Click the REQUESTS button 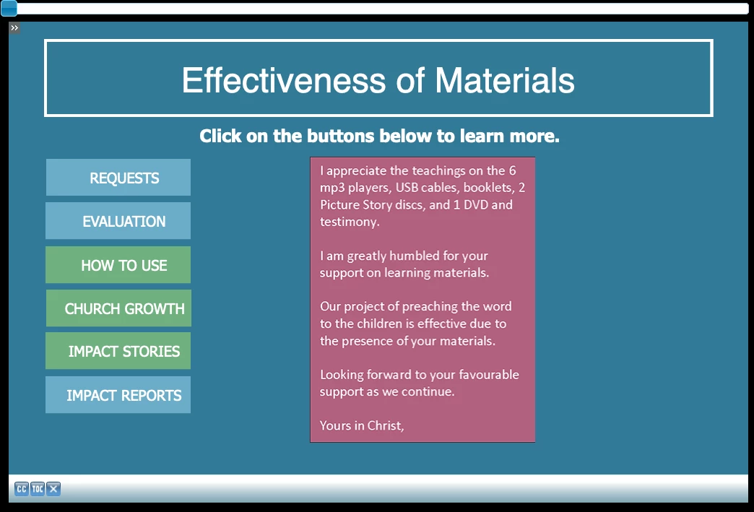pos(118,178)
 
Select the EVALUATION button pos(118,221)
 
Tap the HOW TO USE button pos(118,265)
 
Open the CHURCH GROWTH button pos(118,308)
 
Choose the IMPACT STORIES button pos(118,351)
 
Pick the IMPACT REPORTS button pos(118,395)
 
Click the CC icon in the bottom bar pos(22,489)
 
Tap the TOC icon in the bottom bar pos(38,489)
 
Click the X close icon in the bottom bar pos(53,489)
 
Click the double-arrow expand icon pos(14,28)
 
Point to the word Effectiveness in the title pos(284,80)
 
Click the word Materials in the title pos(505,80)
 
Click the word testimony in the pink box pos(349,222)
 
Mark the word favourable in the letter pos(489,375)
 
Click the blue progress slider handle pos(9,8)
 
